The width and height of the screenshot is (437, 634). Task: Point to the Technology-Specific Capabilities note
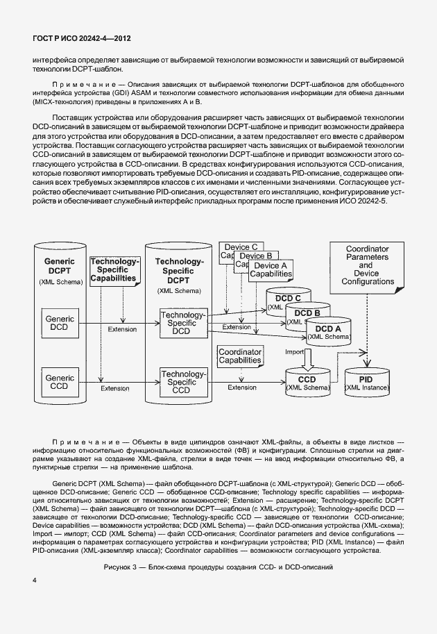pos(116,270)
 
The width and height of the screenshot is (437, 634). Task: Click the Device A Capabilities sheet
pos(270,270)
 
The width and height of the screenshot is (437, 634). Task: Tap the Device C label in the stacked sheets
pos(239,247)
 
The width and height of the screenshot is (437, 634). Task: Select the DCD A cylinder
pos(328,332)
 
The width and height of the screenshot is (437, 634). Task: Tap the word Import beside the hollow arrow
pos(295,353)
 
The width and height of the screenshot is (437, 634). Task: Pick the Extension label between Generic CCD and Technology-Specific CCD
pos(114,388)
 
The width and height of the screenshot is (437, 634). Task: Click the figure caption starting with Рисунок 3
pos(218,567)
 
